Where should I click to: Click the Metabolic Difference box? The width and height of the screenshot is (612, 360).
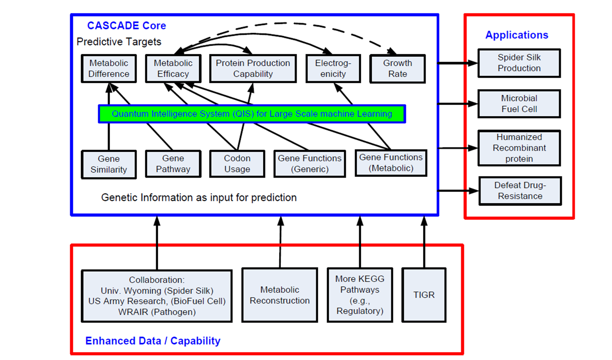coord(109,69)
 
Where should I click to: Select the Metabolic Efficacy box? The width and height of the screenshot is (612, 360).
coord(173,69)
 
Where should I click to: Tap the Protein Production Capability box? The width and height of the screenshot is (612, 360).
coord(253,69)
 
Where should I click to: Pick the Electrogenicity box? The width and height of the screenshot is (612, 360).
coord(333,69)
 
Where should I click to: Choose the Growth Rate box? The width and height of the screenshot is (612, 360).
coord(397,69)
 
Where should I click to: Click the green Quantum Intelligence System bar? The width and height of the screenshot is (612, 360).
coord(252,114)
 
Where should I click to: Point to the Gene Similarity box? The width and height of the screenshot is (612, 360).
coord(109,164)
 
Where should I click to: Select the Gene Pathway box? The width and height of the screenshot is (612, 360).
coord(173,164)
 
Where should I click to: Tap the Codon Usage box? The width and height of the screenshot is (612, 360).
coord(237,164)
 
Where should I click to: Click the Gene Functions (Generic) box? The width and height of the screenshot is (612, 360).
coord(310,164)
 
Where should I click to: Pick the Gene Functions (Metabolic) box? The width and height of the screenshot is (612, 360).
coord(391,163)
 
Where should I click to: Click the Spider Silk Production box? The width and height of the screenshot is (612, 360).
coord(519,63)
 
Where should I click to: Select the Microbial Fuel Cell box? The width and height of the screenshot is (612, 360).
coord(519,104)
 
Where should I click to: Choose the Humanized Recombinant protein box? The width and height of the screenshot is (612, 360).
coord(519,148)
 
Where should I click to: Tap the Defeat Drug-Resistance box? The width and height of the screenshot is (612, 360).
coord(520,191)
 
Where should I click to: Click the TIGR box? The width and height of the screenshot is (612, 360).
coord(424,295)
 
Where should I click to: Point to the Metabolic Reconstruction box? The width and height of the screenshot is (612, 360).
coord(279,295)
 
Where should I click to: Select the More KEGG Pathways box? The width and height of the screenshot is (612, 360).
coord(360,295)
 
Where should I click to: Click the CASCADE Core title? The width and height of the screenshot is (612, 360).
coord(127,26)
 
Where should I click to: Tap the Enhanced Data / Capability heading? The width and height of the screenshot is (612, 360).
coord(153,341)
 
